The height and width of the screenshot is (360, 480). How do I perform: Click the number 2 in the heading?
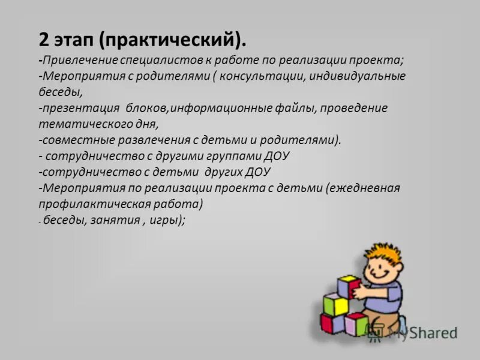pos(44,41)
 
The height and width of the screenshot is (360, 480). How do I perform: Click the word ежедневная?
pos(363,188)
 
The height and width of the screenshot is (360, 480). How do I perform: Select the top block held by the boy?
pos(349,286)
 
